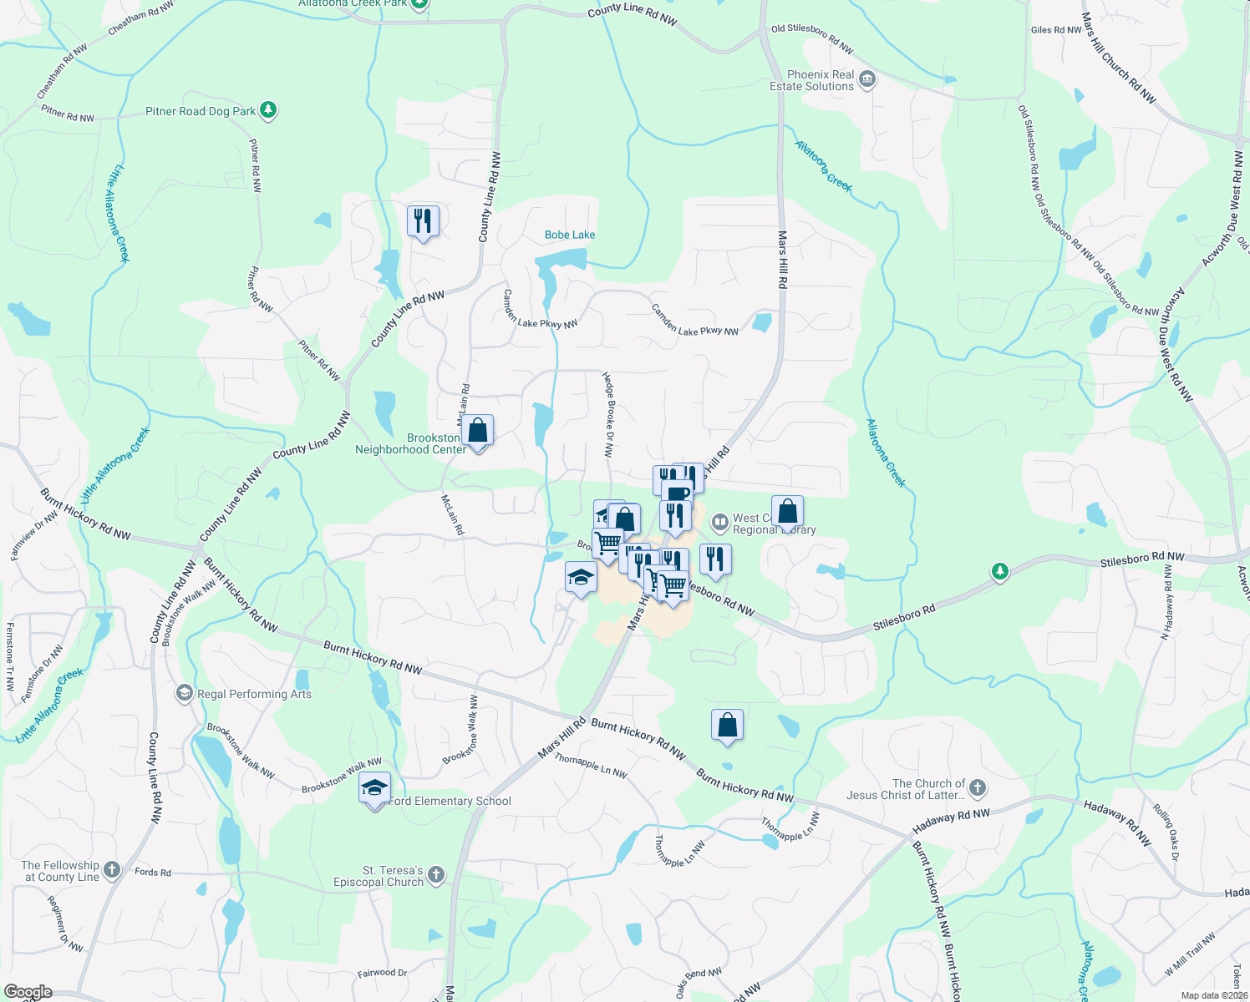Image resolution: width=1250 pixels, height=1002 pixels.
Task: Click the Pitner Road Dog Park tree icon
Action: tap(267, 109)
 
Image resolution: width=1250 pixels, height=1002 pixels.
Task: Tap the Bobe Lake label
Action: tap(570, 235)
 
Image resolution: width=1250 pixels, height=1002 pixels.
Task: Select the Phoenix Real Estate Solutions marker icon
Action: tap(867, 80)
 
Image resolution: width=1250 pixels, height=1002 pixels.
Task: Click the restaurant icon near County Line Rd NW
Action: tap(423, 221)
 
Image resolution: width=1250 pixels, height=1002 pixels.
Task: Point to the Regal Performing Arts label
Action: tap(254, 694)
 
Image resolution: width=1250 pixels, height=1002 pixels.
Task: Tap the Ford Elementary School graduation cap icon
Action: tap(374, 788)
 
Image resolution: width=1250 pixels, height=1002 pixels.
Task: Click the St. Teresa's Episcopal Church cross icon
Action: tap(435, 875)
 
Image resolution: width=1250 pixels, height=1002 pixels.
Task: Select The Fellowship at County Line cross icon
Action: tap(111, 870)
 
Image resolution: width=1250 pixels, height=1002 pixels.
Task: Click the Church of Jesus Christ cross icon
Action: tap(977, 788)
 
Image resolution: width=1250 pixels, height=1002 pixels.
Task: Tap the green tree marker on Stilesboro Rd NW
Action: tap(999, 572)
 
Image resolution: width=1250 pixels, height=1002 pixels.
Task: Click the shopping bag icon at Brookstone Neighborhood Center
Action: tap(478, 431)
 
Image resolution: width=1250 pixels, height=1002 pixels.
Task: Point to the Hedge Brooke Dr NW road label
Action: tap(609, 415)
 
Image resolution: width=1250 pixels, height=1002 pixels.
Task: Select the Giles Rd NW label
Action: tap(1056, 30)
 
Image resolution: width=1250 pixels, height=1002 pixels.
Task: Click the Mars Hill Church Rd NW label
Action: tap(1119, 58)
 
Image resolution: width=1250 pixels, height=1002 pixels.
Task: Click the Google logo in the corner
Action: tap(28, 992)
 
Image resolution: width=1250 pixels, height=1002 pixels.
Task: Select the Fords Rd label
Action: tap(153, 873)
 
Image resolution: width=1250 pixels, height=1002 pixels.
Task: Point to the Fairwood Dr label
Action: tap(382, 973)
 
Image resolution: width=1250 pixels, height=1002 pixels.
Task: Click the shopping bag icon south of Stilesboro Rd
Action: tap(727, 725)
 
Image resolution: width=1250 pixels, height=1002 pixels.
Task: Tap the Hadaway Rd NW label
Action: tap(951, 819)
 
